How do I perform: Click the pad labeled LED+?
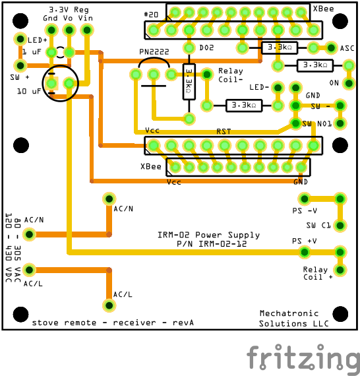(x=20, y=39)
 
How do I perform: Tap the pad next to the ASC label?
(x=331, y=47)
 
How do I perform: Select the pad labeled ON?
(x=349, y=84)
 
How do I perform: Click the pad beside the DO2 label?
(x=189, y=47)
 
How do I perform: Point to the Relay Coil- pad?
(x=207, y=75)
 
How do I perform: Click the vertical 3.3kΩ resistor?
(x=189, y=82)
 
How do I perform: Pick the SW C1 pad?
(x=340, y=226)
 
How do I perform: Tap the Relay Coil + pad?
(x=340, y=270)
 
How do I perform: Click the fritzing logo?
(x=303, y=358)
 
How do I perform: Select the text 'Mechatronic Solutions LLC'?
(x=293, y=319)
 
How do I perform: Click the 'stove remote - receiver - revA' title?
(x=113, y=323)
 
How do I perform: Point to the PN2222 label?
(x=154, y=52)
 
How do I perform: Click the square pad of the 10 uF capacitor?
(x=51, y=84)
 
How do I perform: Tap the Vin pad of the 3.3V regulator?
(x=87, y=30)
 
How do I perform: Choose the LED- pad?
(x=278, y=88)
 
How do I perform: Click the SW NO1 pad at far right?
(x=340, y=123)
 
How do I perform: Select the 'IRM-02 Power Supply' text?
(x=208, y=235)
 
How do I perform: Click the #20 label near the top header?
(x=151, y=15)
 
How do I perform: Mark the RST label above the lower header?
(x=224, y=131)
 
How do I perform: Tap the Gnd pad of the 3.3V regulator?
(x=51, y=30)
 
